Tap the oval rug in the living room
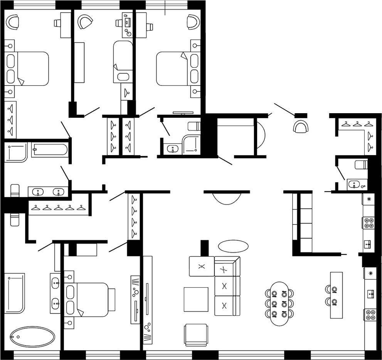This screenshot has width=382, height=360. point(233,245)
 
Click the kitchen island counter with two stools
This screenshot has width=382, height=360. point(336,295)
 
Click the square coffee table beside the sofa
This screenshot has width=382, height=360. point(196,299)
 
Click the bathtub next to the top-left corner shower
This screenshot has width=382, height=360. point(49,149)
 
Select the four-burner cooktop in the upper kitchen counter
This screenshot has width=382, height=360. point(368,223)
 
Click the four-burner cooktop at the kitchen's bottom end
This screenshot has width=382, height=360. point(370,315)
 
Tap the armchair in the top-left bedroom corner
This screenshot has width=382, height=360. point(13,22)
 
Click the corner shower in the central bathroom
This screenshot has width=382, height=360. point(192,144)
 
